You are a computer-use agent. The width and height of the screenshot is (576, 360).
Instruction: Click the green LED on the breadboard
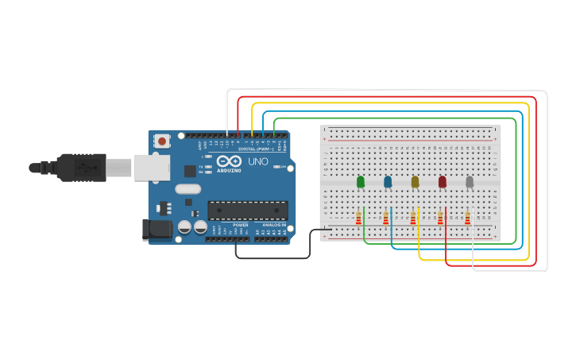pos(361,182)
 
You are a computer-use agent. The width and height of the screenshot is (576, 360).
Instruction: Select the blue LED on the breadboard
pos(388,182)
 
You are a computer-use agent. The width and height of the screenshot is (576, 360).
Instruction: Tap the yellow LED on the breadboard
pos(415,182)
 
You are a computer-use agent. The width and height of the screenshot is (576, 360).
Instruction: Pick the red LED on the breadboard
pos(443,182)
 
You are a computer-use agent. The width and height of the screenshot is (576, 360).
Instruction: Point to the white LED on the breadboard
pos(470,182)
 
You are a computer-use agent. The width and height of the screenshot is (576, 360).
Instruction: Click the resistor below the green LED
pos(358,218)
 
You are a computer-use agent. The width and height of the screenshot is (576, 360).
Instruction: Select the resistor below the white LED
pos(467,218)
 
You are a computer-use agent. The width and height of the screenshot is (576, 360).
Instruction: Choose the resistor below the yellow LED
pos(413,218)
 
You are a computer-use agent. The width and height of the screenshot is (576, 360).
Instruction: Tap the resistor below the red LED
pos(440,218)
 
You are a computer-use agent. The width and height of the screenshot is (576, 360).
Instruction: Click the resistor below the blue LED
pos(386,218)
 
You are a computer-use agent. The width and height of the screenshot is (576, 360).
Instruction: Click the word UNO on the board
pos(258,161)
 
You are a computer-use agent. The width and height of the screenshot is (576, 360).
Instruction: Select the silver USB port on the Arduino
pos(152,167)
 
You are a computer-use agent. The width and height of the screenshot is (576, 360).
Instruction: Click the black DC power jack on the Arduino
pos(156,229)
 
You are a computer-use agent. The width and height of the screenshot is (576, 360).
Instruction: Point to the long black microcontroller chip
pos(247,210)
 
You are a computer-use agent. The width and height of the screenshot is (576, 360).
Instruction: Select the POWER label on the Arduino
pos(240,225)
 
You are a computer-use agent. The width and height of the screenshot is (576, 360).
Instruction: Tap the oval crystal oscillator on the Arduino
pos(188,189)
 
